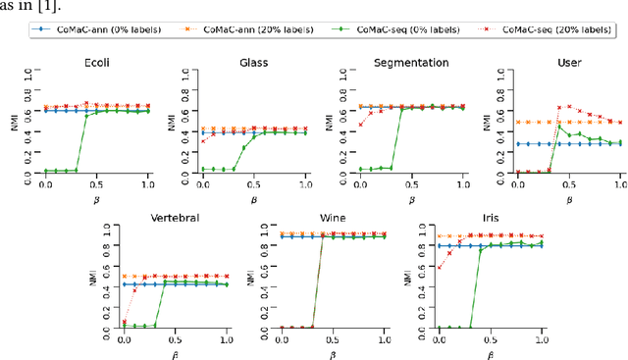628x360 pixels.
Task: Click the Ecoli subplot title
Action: (95, 62)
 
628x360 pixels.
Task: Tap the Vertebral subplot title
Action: (174, 217)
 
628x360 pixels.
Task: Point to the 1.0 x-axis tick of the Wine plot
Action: (385, 339)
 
